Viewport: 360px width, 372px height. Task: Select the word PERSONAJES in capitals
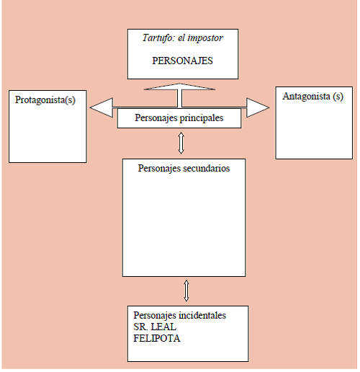point(182,61)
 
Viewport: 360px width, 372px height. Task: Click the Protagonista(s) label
point(45,100)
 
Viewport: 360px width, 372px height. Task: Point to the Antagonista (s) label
point(312,97)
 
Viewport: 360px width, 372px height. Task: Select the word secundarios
point(207,168)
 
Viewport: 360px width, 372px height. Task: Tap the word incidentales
point(203,315)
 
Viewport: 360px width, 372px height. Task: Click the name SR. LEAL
point(155,327)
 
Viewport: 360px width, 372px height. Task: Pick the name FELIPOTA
point(157,338)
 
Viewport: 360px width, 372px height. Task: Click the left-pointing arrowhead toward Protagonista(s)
point(102,107)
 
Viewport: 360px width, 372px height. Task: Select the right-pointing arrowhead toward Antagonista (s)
point(258,107)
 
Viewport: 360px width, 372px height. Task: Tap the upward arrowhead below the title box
point(179,87)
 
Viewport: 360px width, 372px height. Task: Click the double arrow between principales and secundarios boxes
point(181,143)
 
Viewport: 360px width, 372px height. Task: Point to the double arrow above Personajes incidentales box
point(186,291)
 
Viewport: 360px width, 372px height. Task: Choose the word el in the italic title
point(181,38)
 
